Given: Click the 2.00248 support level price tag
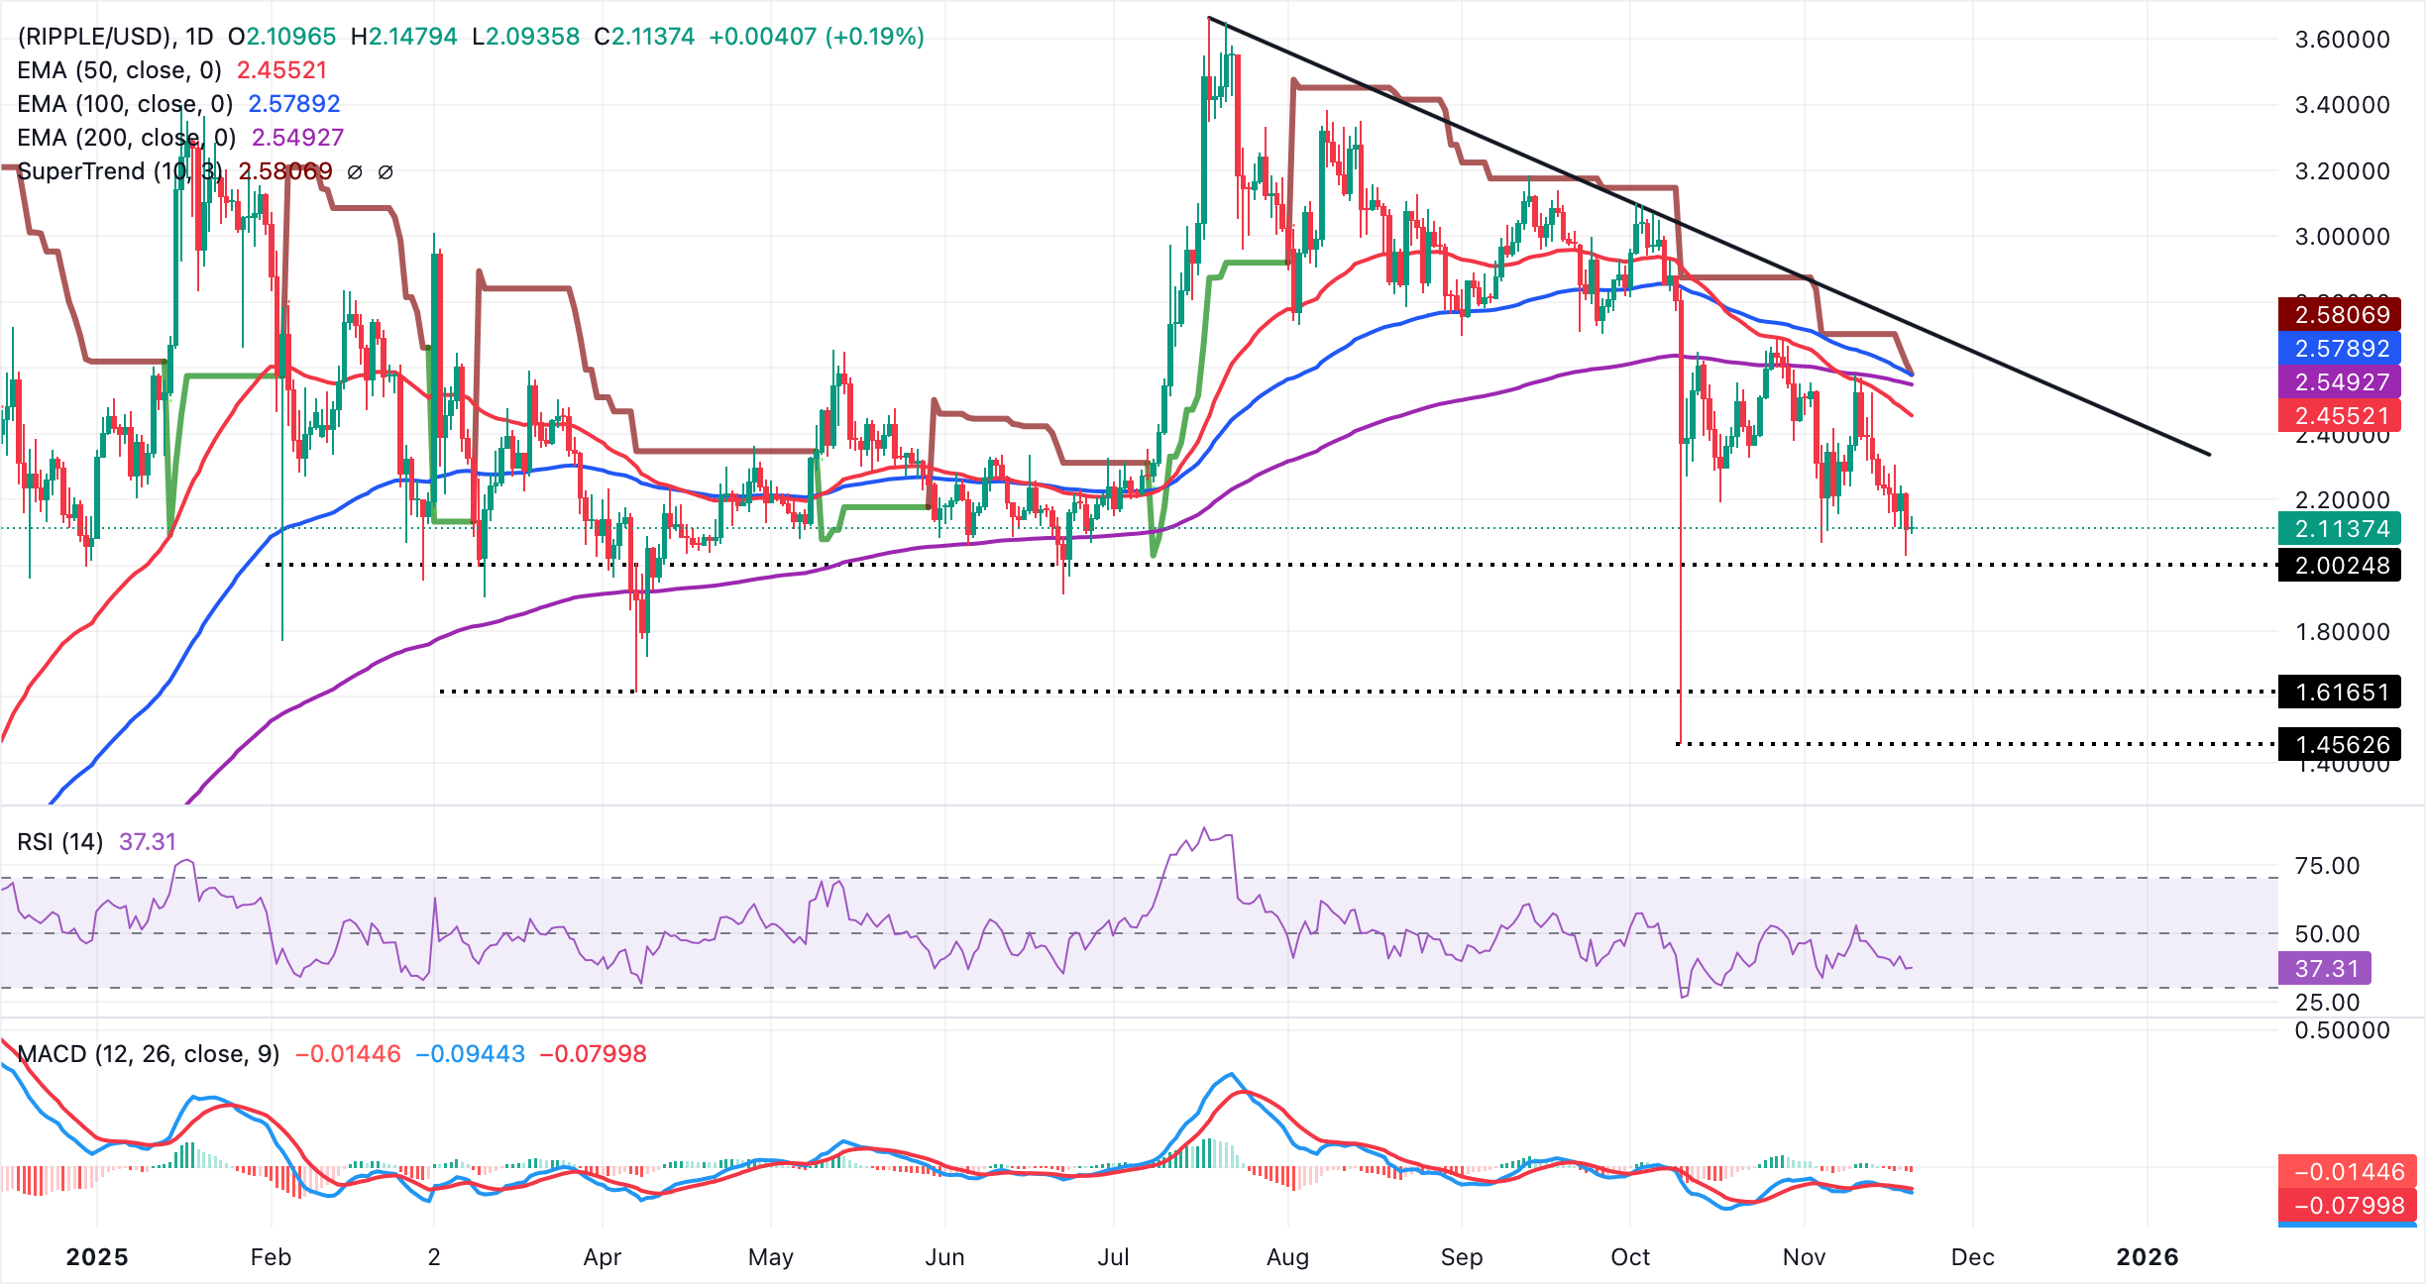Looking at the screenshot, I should click(2340, 566).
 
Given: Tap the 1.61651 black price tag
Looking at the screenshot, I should click(2340, 692).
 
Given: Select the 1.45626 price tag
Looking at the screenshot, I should click(2340, 744).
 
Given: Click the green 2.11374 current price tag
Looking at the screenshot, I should click(2340, 528).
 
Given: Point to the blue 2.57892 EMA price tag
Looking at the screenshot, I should click(2340, 348).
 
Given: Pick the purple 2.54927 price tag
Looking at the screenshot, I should click(2340, 381).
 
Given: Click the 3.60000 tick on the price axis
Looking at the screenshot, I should click(2342, 40).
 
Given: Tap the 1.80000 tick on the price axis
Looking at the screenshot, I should click(2342, 632).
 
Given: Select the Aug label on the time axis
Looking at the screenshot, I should click(1287, 1257).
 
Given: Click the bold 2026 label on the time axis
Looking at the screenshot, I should click(2147, 1257).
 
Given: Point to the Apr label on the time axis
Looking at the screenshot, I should click(602, 1257).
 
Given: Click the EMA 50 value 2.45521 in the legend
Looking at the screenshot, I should click(281, 70).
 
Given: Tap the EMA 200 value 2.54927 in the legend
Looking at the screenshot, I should click(297, 138).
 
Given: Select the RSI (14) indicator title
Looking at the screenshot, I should click(60, 842).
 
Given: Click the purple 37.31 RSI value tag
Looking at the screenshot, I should click(2325, 968).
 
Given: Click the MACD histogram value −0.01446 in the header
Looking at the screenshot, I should click(348, 1054).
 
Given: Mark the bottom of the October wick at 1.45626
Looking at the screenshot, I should click(1680, 742).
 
